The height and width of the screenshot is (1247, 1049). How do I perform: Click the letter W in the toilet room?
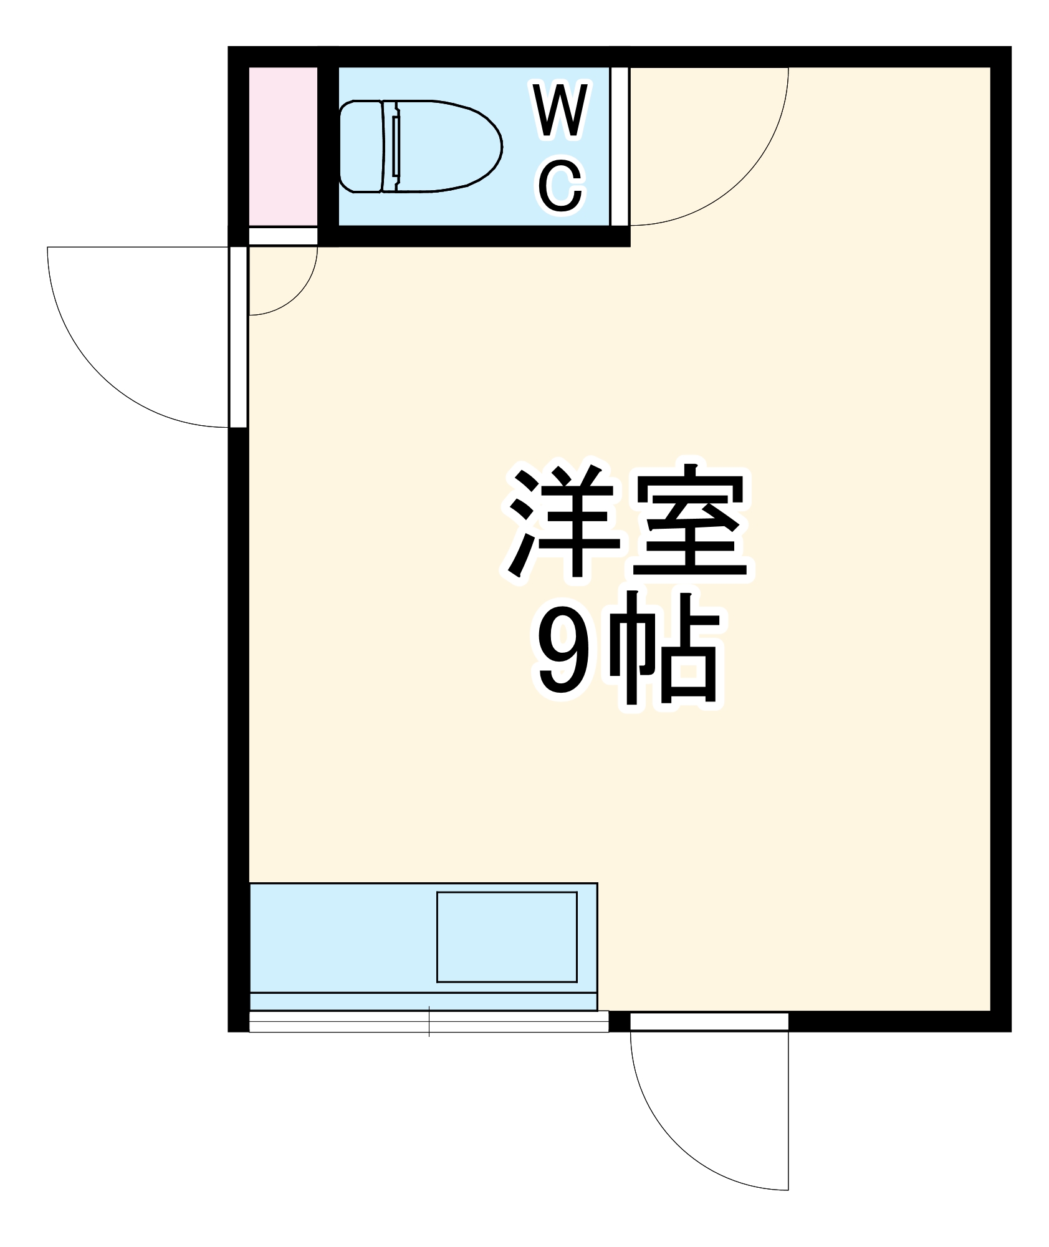tap(560, 110)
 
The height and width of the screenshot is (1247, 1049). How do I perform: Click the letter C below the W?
tap(560, 185)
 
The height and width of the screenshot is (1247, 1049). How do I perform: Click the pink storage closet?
tap(283, 146)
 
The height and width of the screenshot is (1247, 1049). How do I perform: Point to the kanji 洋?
tap(564, 521)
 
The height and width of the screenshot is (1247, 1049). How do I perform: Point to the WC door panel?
tap(620, 146)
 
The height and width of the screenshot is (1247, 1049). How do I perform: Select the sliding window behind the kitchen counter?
tap(428, 1021)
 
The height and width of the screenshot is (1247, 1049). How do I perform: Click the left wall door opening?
tap(238, 337)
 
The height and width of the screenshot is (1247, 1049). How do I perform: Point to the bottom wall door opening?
tap(709, 1021)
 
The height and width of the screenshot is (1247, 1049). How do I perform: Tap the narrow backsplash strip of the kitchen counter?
tap(423, 1001)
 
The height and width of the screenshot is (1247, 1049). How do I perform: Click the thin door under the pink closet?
tap(283, 236)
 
